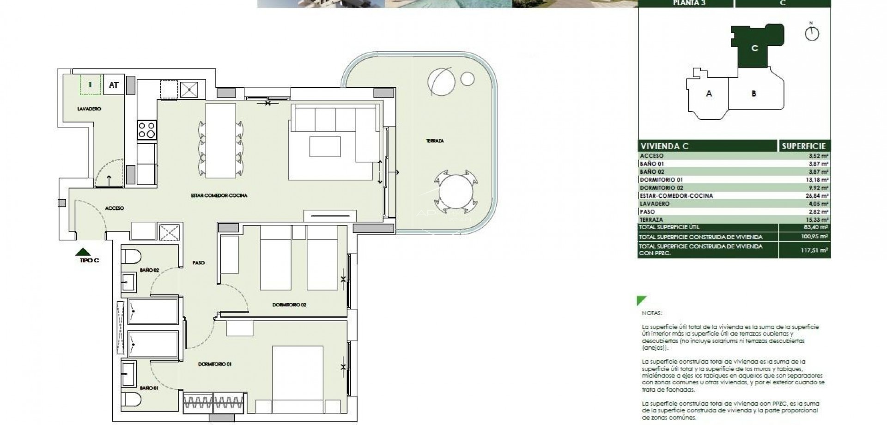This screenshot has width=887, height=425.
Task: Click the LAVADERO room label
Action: pos(89,109)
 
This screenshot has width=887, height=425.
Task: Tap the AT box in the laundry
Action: pos(114,85)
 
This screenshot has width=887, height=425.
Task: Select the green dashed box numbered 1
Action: pos(91,85)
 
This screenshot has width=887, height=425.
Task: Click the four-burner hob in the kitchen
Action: pos(147,130)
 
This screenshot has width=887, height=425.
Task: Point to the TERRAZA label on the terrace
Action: pos(435,141)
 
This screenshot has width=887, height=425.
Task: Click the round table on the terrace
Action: pos(456,193)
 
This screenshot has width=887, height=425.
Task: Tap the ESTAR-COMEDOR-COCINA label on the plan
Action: pos(219,196)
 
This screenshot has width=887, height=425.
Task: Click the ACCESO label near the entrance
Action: pos(115,208)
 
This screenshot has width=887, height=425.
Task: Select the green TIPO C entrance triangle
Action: pos(83,252)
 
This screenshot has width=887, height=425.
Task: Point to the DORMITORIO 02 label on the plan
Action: pos(289,305)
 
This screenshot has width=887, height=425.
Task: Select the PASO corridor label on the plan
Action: pos(199,263)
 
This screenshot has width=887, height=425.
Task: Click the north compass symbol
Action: pos(812,34)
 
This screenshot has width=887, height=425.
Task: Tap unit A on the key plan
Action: pos(709,94)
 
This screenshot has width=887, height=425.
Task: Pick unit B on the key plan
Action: pos(754,94)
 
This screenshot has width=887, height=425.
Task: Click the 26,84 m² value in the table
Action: pos(819,196)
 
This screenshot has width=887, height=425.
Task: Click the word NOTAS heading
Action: pos(652,313)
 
